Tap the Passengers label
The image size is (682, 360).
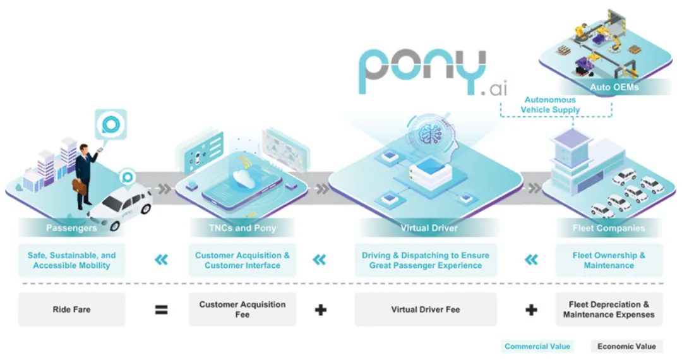71,227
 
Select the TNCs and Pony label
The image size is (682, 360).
242,227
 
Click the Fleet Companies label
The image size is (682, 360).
609,227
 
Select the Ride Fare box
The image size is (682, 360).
71,309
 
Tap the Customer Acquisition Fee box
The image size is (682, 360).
242,309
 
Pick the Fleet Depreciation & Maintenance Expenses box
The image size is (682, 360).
609,309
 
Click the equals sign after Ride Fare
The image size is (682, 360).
162,309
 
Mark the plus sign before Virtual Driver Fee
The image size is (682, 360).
320,309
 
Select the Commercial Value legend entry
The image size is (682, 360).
537,346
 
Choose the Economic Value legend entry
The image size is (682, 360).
626,346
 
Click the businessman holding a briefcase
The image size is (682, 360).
83,174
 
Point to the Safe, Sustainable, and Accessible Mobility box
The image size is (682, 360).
71,260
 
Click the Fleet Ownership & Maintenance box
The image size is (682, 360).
609,260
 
